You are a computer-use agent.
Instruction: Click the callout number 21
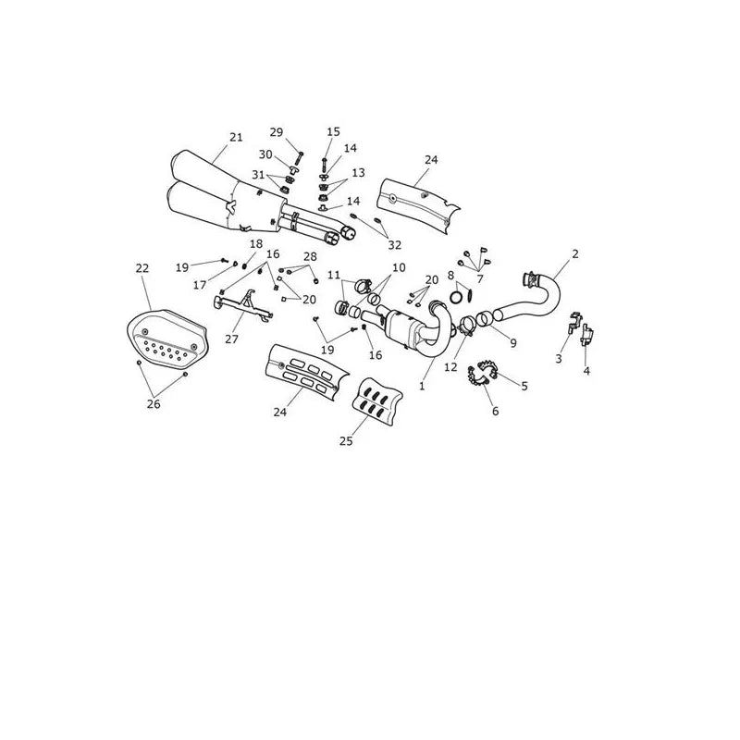[236, 137]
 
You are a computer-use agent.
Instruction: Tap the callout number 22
[142, 268]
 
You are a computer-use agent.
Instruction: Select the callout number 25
[346, 441]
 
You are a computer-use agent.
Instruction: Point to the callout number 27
[232, 339]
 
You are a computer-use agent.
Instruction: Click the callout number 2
[574, 253]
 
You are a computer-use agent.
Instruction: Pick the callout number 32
[395, 245]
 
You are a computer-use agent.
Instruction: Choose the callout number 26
[154, 404]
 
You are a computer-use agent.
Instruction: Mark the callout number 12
[450, 366]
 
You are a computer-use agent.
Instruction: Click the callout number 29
[276, 132]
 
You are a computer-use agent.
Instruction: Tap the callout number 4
[586, 371]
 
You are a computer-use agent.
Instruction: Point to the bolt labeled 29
[299, 158]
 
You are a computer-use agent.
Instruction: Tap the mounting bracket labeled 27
[243, 307]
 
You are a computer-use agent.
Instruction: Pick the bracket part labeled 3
[573, 321]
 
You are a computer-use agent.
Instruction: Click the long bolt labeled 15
[325, 166]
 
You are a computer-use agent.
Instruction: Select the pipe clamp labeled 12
[466, 327]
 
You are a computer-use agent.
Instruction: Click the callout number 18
[256, 244]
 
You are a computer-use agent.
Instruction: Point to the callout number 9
[513, 343]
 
